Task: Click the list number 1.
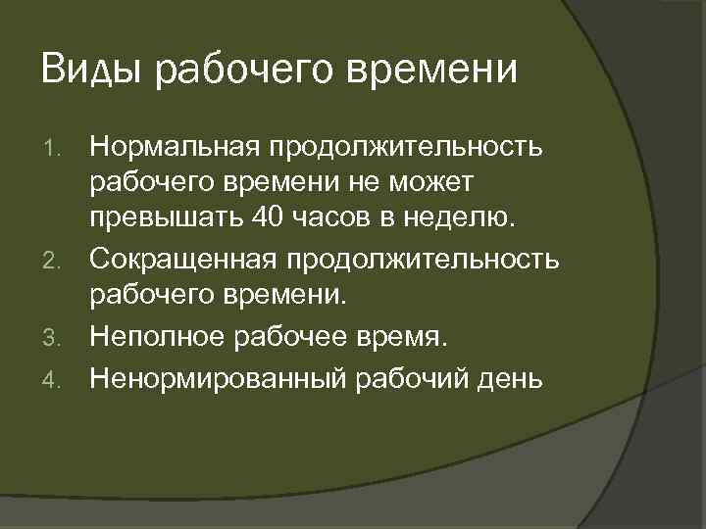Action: coord(56,150)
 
